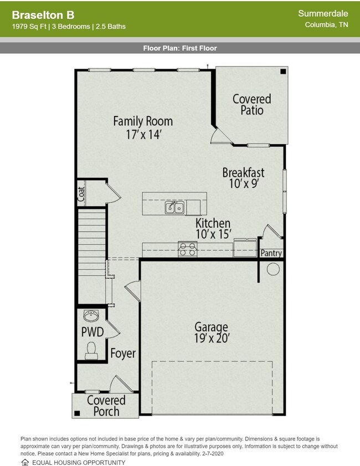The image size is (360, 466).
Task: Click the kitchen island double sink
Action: coord(174,207)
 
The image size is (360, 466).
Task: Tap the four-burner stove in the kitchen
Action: coord(187,249)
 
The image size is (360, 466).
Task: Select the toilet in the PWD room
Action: coord(91,351)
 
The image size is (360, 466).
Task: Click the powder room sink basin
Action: coord(91,316)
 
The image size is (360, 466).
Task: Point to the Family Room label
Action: coord(143,121)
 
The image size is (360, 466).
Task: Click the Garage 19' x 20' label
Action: coord(211,332)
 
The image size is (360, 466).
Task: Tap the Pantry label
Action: coord(271,253)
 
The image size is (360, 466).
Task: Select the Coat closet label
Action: coord(81,194)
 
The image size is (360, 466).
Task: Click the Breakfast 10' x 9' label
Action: coord(243,178)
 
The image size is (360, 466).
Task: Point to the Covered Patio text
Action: coord(252,104)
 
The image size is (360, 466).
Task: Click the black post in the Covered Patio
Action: coord(283,71)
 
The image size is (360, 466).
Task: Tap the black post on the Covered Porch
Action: coord(77,413)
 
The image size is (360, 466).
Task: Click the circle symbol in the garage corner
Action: coord(273,269)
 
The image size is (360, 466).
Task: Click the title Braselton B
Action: coord(43,15)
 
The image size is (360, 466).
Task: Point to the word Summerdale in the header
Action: coord(323,13)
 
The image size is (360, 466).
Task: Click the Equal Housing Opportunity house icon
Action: coord(25,462)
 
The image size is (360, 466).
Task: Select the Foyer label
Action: coord(123,353)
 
